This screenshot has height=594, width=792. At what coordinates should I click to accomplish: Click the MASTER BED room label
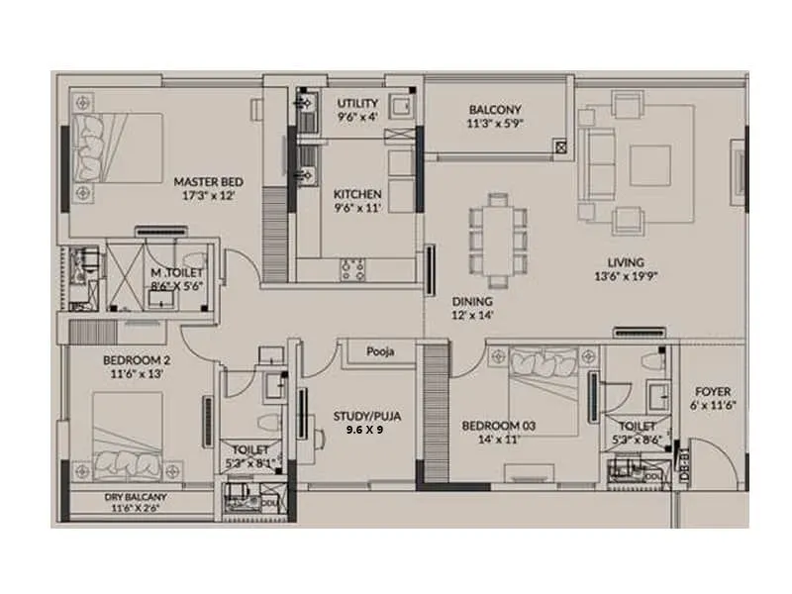208,182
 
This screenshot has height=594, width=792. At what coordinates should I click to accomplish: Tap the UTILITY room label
357,104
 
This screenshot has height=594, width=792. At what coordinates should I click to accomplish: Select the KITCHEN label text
357,194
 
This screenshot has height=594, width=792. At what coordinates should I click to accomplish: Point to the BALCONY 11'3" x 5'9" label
496,110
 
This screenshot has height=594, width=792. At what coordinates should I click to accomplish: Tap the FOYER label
712,392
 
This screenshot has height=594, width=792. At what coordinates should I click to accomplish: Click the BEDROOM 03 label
499,426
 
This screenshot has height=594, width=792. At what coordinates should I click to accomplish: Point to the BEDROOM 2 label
137,361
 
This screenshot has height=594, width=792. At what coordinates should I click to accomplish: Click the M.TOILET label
177,272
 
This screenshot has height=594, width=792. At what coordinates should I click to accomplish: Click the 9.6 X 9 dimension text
365,432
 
